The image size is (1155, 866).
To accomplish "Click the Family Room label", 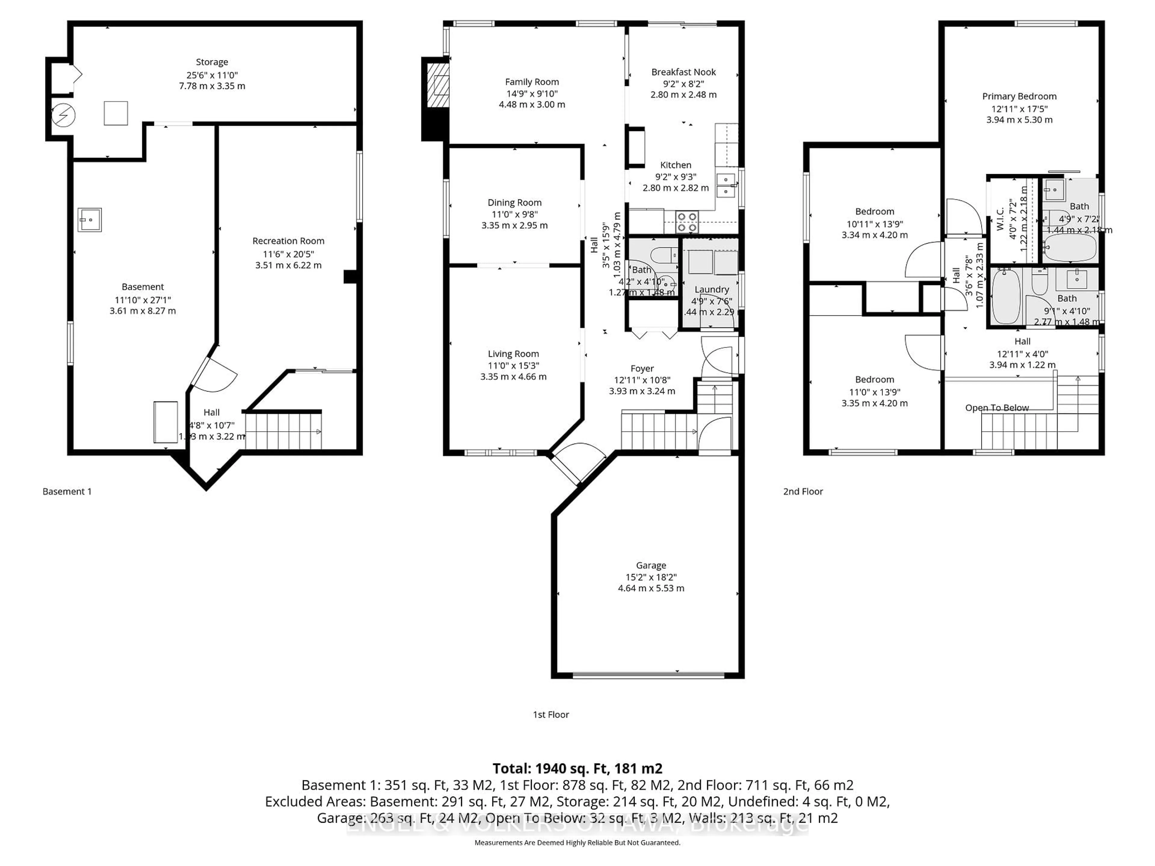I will pos(531,82).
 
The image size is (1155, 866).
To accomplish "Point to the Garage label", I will pos(651,565).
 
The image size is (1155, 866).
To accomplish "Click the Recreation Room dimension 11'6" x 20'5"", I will pos(288,254).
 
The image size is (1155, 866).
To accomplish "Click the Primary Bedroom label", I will pos(1019,97).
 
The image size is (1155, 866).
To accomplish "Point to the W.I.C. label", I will pos(1000,219).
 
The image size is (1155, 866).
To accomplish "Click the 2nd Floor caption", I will pos(802,492).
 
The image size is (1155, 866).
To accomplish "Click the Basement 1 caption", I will pos(67,492).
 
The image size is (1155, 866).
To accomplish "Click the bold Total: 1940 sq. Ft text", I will pos(577,768).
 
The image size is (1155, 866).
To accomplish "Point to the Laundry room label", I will pos(711,290).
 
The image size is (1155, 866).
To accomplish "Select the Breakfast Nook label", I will pos(683,72).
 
